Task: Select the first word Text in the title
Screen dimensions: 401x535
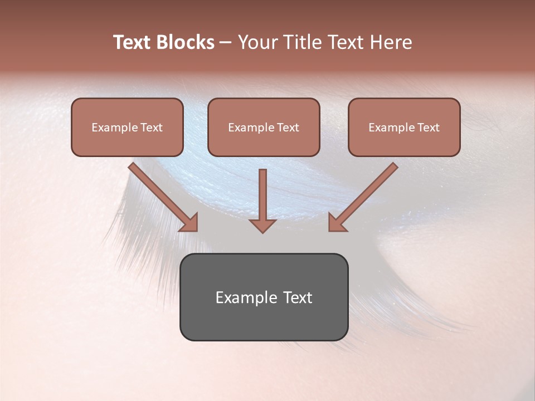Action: [x=134, y=42]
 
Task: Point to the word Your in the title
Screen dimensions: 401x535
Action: [x=256, y=42]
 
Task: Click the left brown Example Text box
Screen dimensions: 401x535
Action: [x=127, y=127]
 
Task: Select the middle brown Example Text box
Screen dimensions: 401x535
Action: [x=264, y=127]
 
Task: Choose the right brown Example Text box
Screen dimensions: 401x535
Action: [x=404, y=127]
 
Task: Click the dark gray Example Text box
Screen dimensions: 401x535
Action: [x=264, y=297]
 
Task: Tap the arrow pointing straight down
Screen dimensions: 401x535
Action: [x=262, y=200]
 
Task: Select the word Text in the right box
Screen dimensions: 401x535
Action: [x=428, y=128]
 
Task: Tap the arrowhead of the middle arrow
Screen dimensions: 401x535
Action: [x=262, y=225]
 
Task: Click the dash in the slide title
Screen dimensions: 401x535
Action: [x=226, y=42]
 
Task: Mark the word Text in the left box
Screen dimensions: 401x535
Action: [x=151, y=128]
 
